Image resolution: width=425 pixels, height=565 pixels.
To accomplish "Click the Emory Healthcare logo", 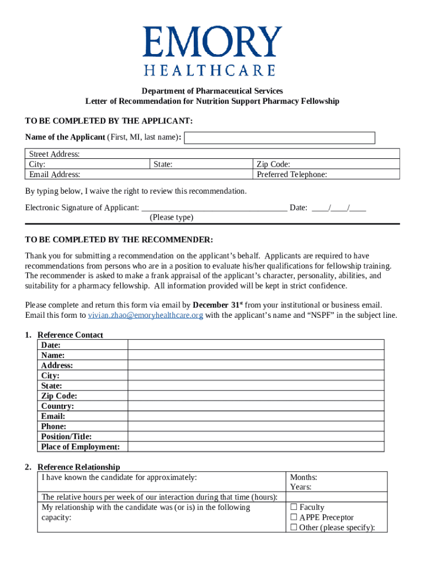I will click(x=212, y=51).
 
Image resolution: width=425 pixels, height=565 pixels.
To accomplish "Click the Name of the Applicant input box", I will click(x=279, y=137).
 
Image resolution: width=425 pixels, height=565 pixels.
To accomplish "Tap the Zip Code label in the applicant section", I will click(x=274, y=164).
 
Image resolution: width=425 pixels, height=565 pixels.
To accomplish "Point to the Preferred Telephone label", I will click(x=292, y=174).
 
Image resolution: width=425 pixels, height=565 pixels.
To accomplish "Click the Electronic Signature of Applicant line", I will click(x=214, y=207).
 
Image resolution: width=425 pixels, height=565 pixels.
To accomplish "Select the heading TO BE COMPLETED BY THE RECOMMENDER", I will click(x=119, y=240).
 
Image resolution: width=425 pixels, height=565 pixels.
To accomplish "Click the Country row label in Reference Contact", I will click(x=57, y=406).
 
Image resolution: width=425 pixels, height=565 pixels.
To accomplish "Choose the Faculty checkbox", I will click(x=294, y=507).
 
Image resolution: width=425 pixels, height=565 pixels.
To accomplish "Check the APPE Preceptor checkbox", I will click(x=294, y=518).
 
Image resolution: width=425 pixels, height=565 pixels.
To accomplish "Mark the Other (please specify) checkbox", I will click(x=294, y=527).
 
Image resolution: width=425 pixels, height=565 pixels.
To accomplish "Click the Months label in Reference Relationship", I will click(x=304, y=477).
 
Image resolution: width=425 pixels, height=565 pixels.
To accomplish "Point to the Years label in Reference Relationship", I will click(x=301, y=487).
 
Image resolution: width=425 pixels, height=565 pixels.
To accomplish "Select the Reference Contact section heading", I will click(x=70, y=335).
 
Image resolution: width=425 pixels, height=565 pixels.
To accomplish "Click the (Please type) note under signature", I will click(x=172, y=217).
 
